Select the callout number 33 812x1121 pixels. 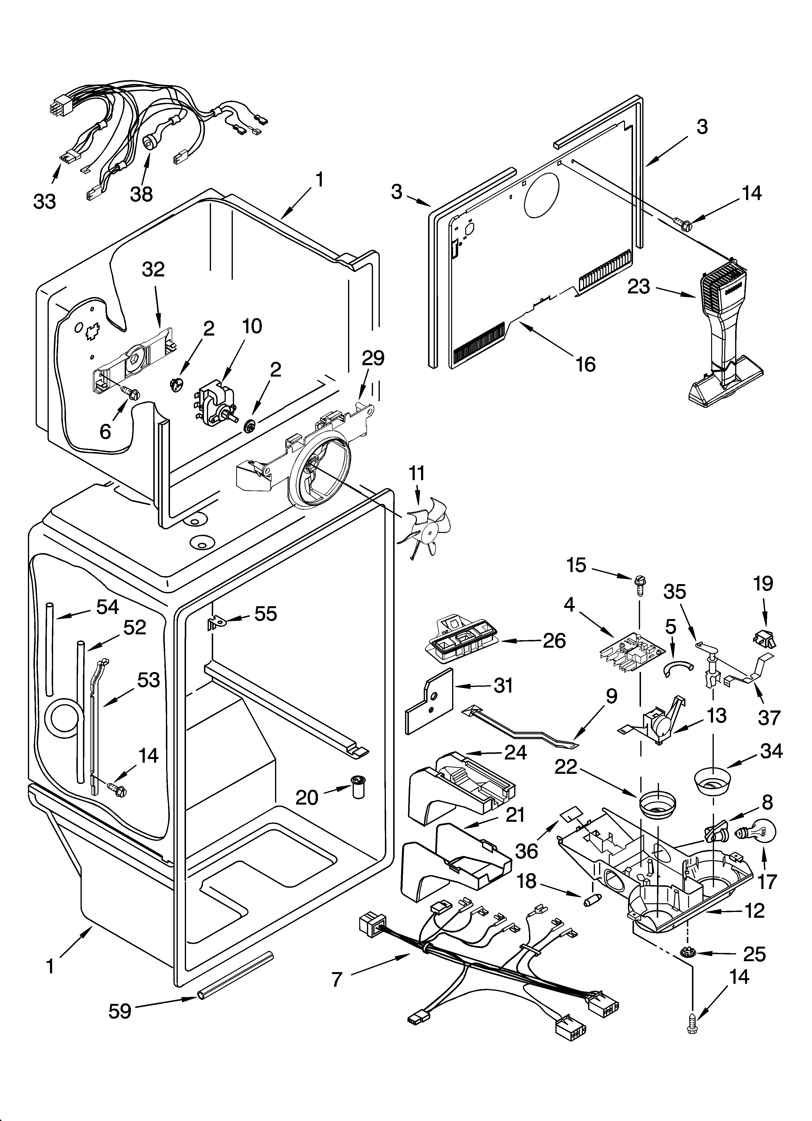[45, 201]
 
